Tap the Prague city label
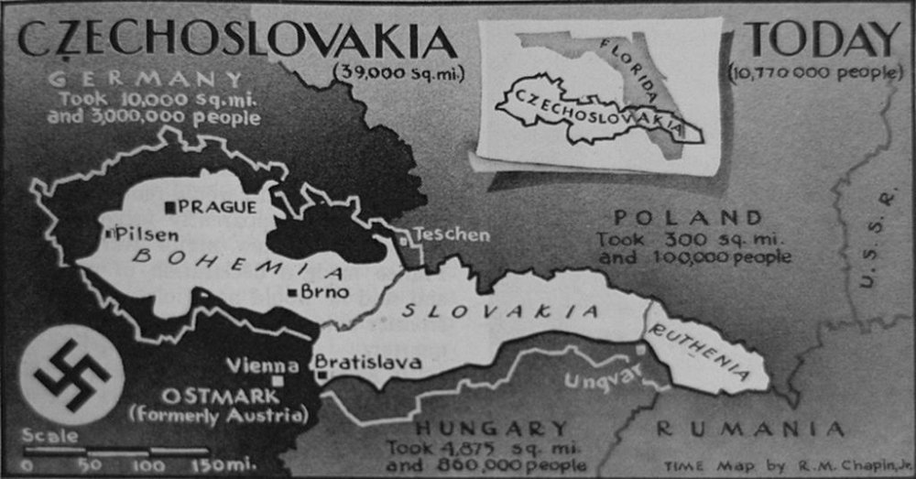pyautogui.click(x=218, y=207)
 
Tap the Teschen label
pyautogui.click(x=452, y=234)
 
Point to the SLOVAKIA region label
pyautogui.click(x=499, y=311)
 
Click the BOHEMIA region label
pyautogui.click(x=238, y=263)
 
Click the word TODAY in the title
pyautogui.click(x=823, y=39)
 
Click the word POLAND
pyautogui.click(x=688, y=218)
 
